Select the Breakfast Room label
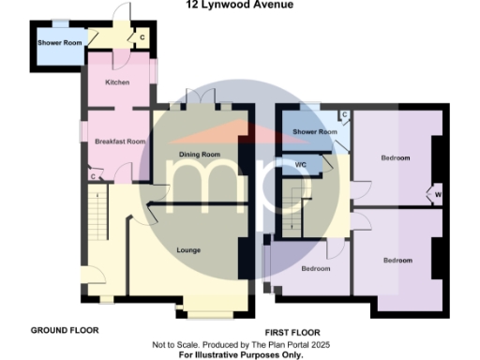(x=119, y=142)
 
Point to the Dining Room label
(x=199, y=154)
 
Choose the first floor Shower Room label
(x=314, y=132)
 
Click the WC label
(x=301, y=164)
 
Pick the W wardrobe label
(x=438, y=195)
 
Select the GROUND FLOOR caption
(x=65, y=330)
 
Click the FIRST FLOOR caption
(x=292, y=332)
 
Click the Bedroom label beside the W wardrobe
(x=395, y=157)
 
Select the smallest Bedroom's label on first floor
(x=316, y=268)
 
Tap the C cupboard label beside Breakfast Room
(x=93, y=175)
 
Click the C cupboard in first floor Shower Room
(x=344, y=114)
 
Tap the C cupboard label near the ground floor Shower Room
(x=142, y=37)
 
